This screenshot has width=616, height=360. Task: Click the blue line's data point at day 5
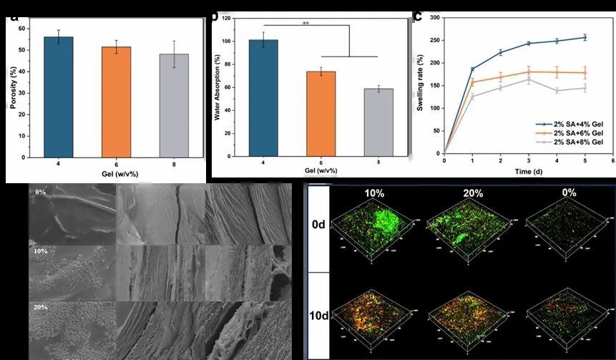[585, 37]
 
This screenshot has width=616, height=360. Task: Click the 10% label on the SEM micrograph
[40, 252]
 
